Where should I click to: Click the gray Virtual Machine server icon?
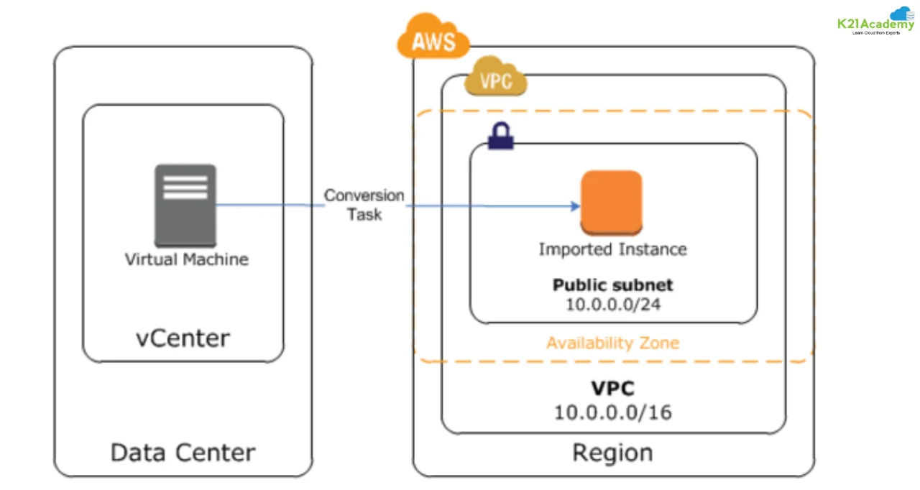(x=185, y=205)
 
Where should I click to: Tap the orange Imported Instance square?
(x=611, y=203)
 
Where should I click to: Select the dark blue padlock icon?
(x=501, y=135)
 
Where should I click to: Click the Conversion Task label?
(x=364, y=205)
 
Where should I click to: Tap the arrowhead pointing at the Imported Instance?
(x=575, y=206)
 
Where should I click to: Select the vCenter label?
(x=183, y=337)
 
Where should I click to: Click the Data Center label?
(x=183, y=453)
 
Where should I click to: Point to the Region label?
(x=612, y=453)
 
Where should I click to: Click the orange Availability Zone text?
(x=612, y=343)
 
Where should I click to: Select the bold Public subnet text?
(x=612, y=285)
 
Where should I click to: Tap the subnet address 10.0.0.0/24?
(x=612, y=304)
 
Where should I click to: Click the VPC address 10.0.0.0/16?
(x=612, y=412)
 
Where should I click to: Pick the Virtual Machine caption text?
(x=187, y=259)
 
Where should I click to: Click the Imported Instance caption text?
(x=612, y=249)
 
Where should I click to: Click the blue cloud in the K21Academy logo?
(x=903, y=13)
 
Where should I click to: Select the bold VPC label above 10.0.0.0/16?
(x=612, y=389)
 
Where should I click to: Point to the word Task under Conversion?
(x=364, y=214)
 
